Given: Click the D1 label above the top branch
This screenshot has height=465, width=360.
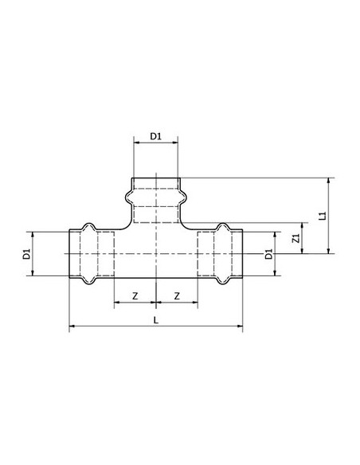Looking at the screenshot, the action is pyautogui.click(x=155, y=136).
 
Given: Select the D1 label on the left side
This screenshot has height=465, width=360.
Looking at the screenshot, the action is pyautogui.click(x=27, y=254).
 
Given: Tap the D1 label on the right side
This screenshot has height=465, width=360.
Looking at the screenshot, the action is pyautogui.click(x=268, y=254).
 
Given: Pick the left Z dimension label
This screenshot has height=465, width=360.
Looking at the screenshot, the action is pyautogui.click(x=135, y=296).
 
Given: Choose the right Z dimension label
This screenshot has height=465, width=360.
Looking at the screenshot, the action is pyautogui.click(x=177, y=296).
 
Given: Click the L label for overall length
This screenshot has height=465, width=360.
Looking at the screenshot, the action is pyautogui.click(x=156, y=320).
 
